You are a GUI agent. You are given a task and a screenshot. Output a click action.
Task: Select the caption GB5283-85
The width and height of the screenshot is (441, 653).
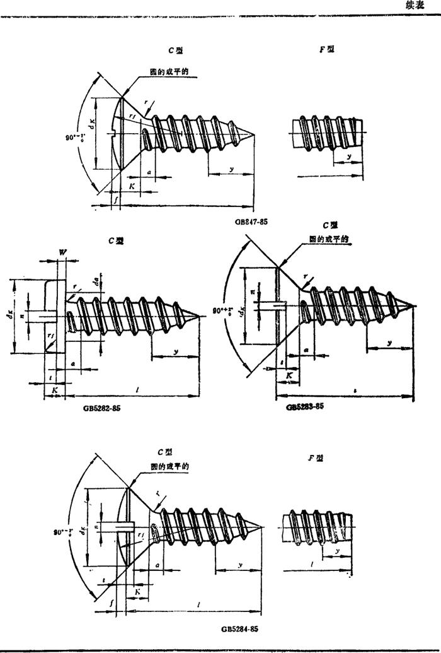(305, 407)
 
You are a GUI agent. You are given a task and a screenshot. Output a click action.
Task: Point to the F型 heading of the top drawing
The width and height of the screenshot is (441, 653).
(326, 50)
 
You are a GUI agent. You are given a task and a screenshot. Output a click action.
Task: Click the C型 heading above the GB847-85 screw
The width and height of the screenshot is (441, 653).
(166, 50)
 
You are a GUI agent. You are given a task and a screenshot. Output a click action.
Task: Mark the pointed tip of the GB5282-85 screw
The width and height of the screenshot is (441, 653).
(201, 316)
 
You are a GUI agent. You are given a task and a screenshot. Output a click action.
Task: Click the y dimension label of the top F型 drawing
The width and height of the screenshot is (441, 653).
(348, 155)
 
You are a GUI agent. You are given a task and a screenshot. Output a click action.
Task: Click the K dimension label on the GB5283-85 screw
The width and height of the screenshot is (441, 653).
(289, 375)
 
